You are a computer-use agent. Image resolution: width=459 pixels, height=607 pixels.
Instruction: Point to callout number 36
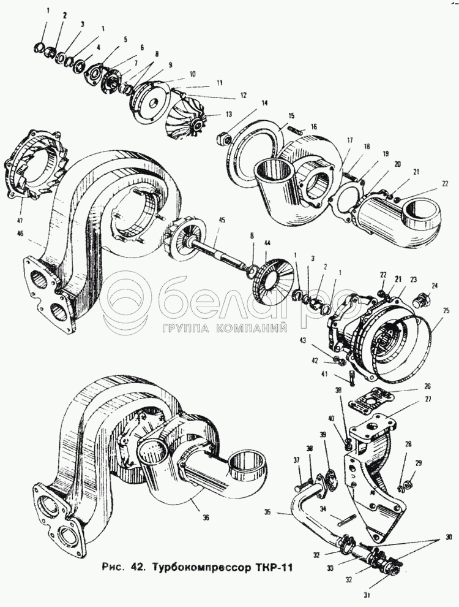coord(206,517)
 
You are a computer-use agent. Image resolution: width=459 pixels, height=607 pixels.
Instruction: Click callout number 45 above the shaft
coord(221,221)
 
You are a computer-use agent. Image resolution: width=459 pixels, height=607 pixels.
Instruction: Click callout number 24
coord(435,286)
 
